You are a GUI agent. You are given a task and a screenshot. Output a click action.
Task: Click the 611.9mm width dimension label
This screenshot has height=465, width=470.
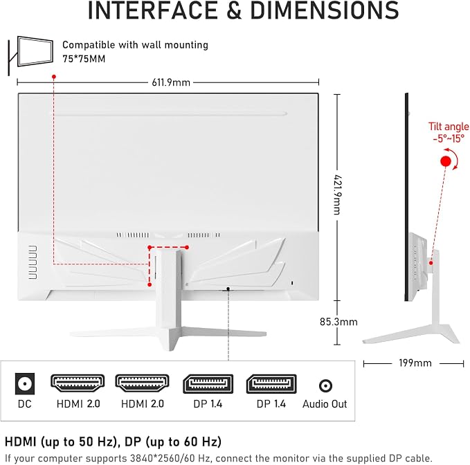[x=171, y=82]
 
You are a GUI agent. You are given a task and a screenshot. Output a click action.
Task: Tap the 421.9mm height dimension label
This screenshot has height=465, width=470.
[x=338, y=194]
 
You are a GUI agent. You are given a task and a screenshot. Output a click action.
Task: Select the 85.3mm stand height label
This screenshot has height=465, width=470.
[x=338, y=322]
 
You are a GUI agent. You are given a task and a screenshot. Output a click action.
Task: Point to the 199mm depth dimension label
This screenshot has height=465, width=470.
[x=415, y=363]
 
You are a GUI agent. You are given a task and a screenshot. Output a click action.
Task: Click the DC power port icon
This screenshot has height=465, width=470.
[x=25, y=384]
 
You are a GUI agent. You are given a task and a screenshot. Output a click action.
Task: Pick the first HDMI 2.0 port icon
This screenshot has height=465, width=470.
[x=78, y=383]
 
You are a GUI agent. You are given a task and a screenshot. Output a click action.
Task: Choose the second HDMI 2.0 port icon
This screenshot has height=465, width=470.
[x=142, y=383]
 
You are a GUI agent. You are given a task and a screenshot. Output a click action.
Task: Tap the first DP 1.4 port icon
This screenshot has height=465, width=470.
[x=208, y=384]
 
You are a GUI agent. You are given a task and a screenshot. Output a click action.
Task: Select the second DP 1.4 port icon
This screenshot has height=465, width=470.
[x=271, y=384]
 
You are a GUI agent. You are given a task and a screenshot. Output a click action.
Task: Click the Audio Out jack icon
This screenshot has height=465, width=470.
[x=325, y=385]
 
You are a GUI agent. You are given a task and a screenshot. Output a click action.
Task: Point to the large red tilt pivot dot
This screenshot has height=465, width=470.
[x=446, y=161]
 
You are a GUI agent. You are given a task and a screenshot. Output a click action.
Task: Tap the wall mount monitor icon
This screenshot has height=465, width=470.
[x=30, y=55]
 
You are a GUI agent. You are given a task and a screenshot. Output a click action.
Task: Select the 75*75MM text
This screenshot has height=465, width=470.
[x=84, y=59]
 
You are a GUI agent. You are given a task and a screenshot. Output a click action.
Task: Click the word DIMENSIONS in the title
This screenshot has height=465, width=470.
[x=325, y=10]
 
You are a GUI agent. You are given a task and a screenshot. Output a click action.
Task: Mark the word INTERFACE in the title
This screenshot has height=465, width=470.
[x=152, y=10]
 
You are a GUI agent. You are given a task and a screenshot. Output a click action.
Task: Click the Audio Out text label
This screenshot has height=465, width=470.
[x=325, y=404]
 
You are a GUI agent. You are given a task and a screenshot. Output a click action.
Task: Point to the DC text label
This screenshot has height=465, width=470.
[x=25, y=404]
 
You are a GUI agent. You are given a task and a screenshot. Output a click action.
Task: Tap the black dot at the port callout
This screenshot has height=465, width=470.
[x=228, y=289]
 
